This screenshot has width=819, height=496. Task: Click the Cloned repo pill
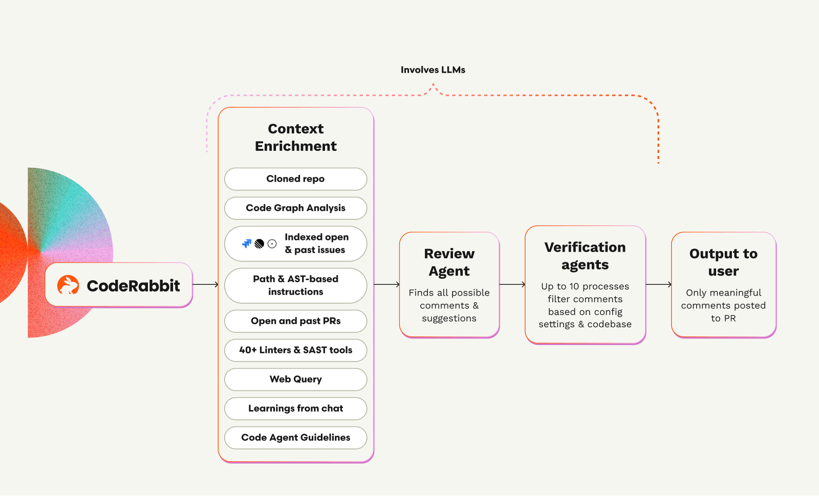(x=295, y=179)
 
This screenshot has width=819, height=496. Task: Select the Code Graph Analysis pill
(x=295, y=208)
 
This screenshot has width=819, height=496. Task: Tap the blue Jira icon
(x=247, y=244)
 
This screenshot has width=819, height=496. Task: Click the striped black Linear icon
(x=260, y=244)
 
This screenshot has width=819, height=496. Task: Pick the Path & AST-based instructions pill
(x=295, y=285)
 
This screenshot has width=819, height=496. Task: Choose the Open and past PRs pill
(x=295, y=321)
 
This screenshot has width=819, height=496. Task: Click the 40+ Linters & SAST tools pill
(x=295, y=350)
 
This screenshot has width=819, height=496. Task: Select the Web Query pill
(x=295, y=379)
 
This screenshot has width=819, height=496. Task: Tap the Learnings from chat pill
(x=295, y=409)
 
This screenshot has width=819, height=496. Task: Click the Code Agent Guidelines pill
(x=295, y=438)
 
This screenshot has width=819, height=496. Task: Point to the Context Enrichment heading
(x=296, y=138)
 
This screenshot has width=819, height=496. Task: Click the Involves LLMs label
(x=433, y=70)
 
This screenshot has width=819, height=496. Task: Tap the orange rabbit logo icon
(x=68, y=285)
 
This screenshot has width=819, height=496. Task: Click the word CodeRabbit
(x=133, y=286)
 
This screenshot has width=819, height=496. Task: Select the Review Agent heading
(x=449, y=262)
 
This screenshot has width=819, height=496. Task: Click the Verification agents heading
(x=585, y=256)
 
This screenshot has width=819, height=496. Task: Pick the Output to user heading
(x=723, y=262)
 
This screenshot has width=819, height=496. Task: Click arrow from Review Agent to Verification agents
(x=512, y=284)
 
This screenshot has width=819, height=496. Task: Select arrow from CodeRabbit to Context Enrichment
(x=205, y=284)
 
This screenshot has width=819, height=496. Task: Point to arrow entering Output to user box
(x=658, y=284)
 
